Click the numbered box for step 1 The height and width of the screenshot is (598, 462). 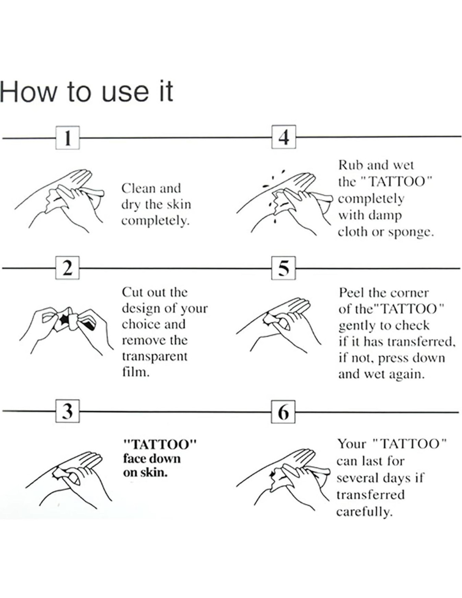pyautogui.click(x=67, y=138)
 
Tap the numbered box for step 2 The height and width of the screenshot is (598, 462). pyautogui.click(x=67, y=268)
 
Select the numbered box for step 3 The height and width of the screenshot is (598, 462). pyautogui.click(x=67, y=411)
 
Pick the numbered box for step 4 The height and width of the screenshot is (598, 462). pyautogui.click(x=283, y=137)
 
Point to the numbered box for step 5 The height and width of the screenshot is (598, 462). pyautogui.click(x=283, y=268)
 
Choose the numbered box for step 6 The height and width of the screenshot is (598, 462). pyautogui.click(x=283, y=412)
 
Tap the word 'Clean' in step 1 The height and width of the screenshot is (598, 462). pyautogui.click(x=139, y=188)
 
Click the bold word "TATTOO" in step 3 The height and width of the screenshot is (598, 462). pyautogui.click(x=160, y=444)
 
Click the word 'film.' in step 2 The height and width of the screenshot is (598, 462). pyautogui.click(x=136, y=372)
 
